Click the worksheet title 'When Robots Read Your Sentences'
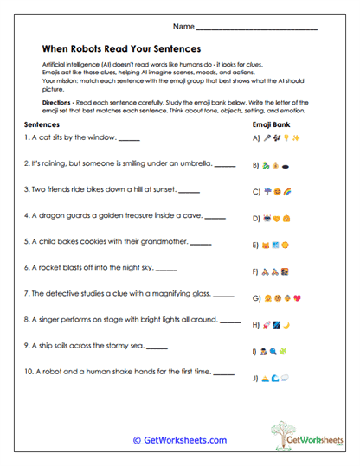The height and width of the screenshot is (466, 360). click(120, 49)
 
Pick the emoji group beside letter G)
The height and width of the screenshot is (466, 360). click(283, 298)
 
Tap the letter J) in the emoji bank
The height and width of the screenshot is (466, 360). click(255, 378)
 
